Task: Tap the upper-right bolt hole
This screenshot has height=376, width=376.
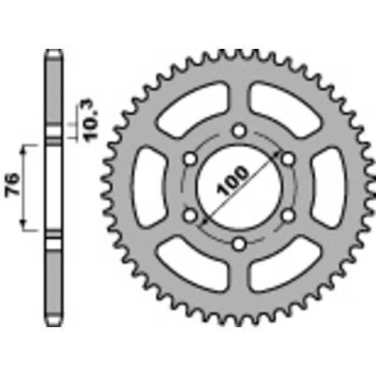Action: [x=288, y=159]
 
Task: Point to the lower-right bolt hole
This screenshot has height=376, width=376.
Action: [x=288, y=216]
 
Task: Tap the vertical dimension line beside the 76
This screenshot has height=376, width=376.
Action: [x=26, y=187]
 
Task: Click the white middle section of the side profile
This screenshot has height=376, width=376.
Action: [x=53, y=187]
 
